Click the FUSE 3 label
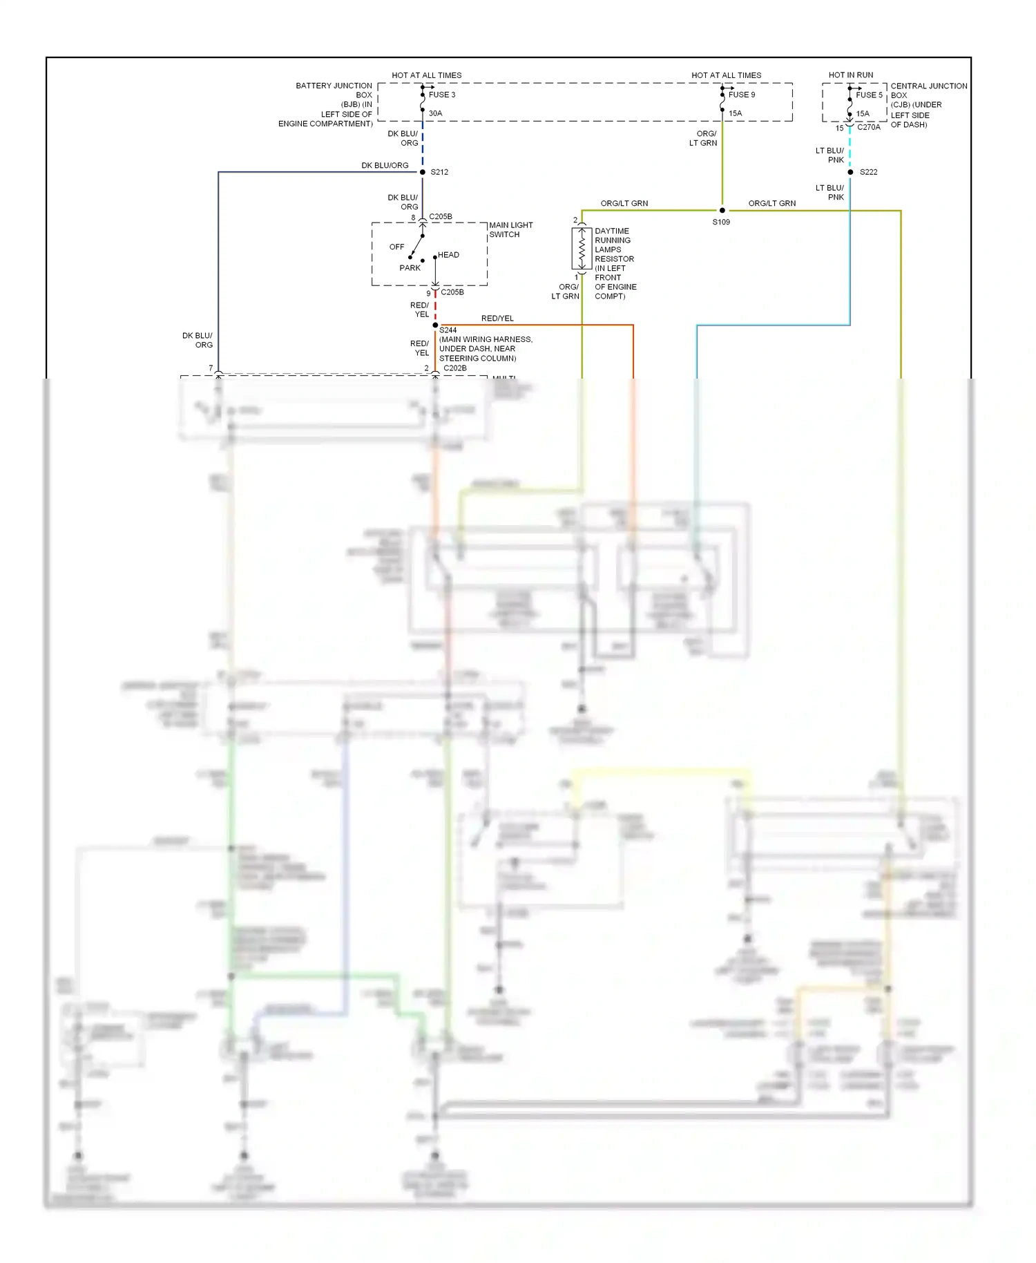tap(441, 95)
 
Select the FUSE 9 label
tap(741, 95)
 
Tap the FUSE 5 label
tap(869, 95)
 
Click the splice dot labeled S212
tap(423, 172)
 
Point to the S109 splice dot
tap(722, 210)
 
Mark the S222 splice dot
tap(850, 172)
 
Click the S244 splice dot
tap(435, 325)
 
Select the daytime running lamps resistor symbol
tap(582, 249)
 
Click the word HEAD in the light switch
tap(448, 255)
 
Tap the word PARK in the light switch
tap(410, 268)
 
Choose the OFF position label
tap(396, 247)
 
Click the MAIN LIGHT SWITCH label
tap(510, 230)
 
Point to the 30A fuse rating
tap(435, 113)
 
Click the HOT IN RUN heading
tap(850, 75)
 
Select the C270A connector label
tap(868, 127)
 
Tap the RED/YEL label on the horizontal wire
tap(497, 319)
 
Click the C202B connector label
tap(454, 368)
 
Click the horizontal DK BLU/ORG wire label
tap(385, 166)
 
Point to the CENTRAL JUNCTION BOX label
tap(928, 105)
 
